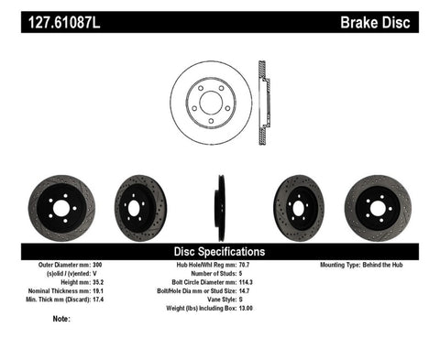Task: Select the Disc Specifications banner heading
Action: (220, 251)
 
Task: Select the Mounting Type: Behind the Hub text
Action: (357, 266)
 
